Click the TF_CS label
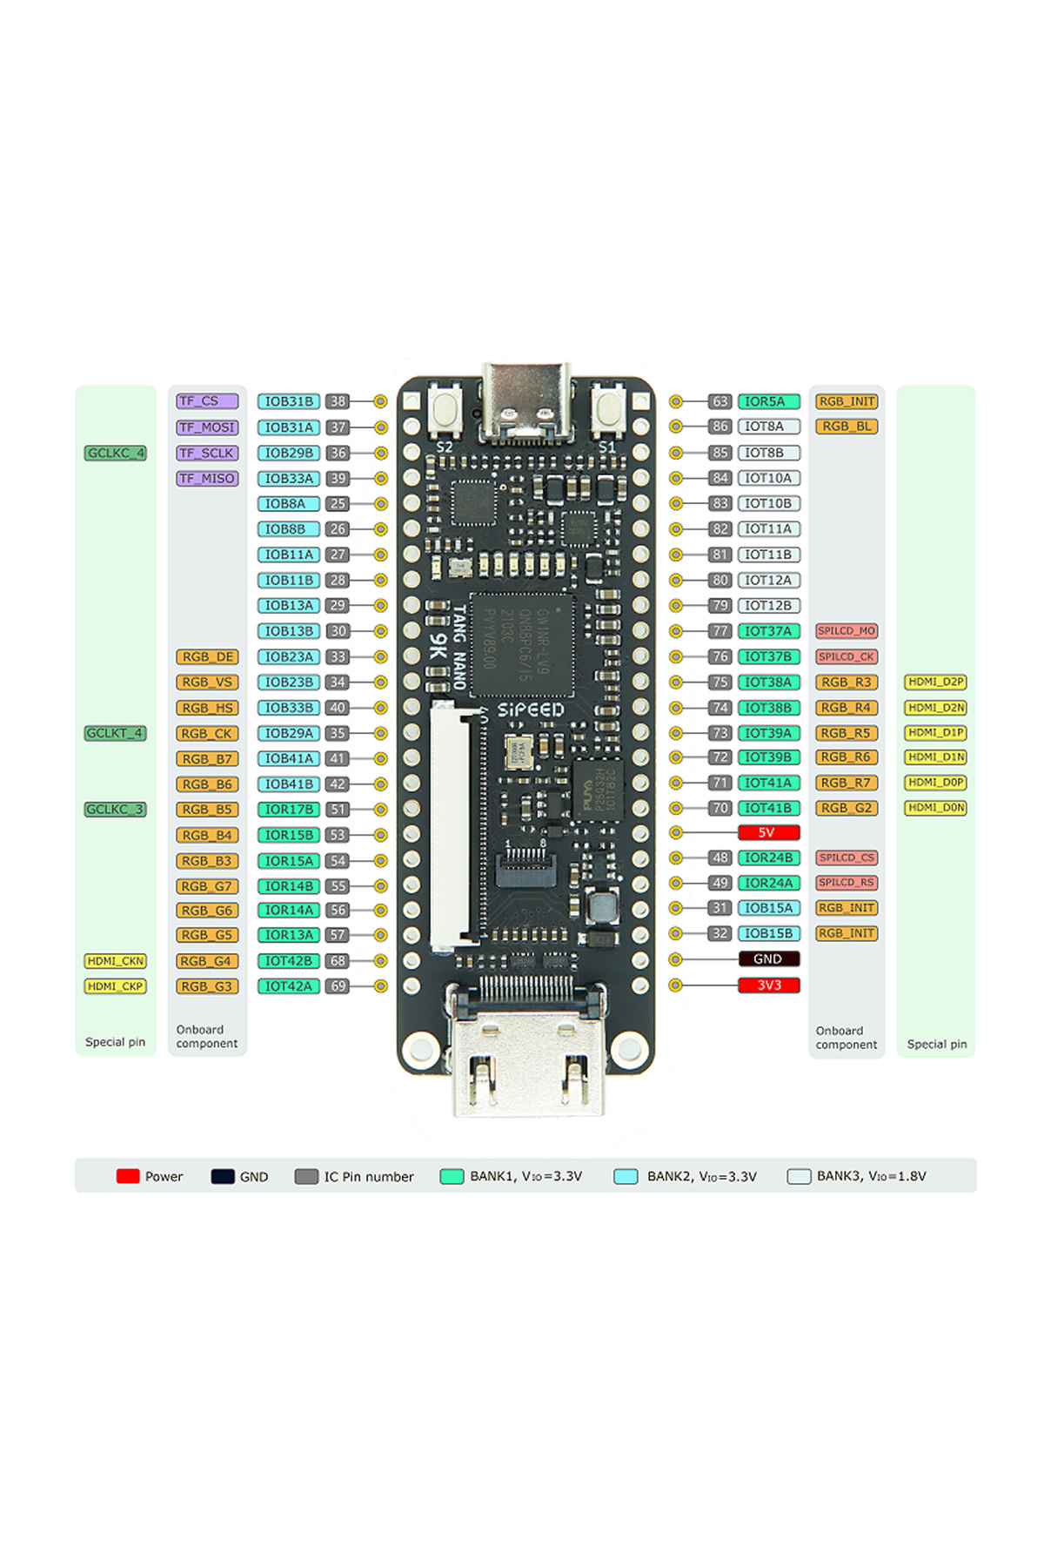tap(207, 401)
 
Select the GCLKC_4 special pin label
tap(116, 453)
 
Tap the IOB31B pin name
tap(289, 401)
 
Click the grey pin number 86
tap(719, 427)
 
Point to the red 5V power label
tap(768, 832)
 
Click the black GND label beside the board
tap(768, 959)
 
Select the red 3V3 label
tap(768, 985)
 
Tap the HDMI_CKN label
tap(116, 961)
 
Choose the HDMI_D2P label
tap(936, 682)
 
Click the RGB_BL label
tap(847, 427)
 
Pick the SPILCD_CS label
tap(847, 857)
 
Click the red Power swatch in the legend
tap(128, 1176)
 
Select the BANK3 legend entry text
tap(871, 1176)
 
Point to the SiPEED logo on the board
tap(530, 710)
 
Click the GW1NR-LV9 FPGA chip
tap(521, 645)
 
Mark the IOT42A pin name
tap(289, 986)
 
